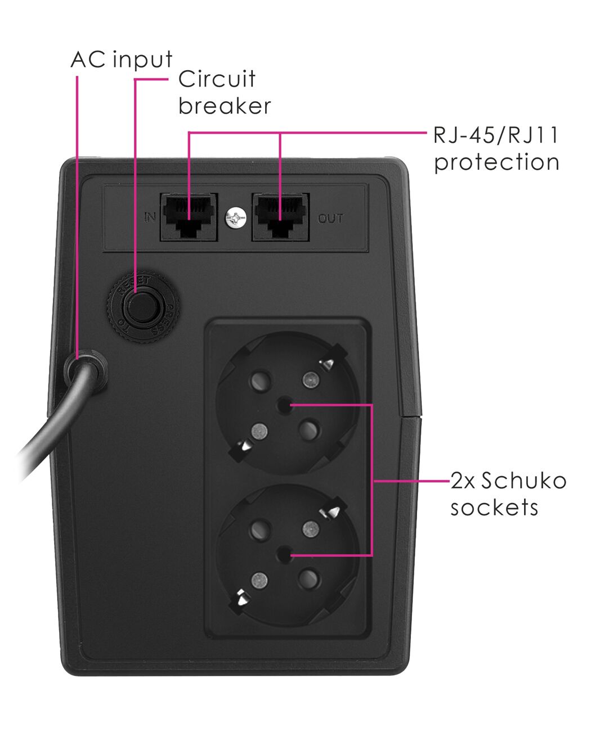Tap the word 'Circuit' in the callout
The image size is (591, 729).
(217, 79)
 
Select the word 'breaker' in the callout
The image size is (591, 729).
(225, 106)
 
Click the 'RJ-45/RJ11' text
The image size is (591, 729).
(496, 135)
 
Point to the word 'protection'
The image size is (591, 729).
(496, 162)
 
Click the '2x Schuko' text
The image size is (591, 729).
(508, 481)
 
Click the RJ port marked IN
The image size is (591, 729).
(189, 217)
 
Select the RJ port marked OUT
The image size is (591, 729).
(281, 217)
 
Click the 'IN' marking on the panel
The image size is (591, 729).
(150, 217)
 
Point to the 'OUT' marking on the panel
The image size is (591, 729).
(330, 219)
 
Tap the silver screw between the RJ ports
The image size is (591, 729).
(235, 218)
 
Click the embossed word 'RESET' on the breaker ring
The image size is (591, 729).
(133, 286)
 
